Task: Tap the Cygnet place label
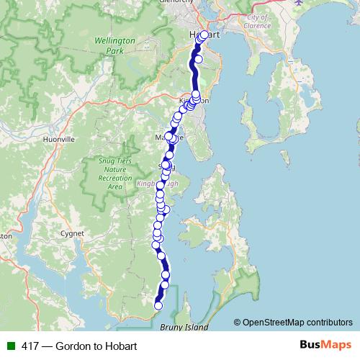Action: click(x=73, y=233)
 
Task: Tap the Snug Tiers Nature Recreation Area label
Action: click(x=114, y=174)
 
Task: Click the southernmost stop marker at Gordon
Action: click(x=158, y=306)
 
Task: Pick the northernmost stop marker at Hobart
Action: click(x=204, y=35)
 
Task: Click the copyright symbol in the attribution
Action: click(x=238, y=322)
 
